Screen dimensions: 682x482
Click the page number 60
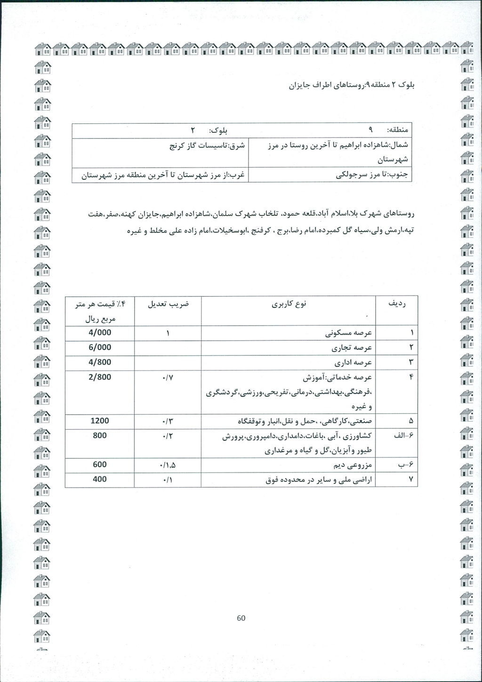(241, 618)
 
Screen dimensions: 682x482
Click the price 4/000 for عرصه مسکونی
(100, 332)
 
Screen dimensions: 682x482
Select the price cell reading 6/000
(100, 347)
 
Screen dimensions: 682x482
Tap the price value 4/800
(100, 362)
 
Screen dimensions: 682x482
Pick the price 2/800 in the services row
(100, 377)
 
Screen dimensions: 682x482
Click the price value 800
(100, 435)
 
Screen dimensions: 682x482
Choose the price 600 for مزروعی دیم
(100, 465)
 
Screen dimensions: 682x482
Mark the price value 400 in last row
(100, 479)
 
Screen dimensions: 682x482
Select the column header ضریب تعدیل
(168, 304)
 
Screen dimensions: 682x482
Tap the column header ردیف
(396, 304)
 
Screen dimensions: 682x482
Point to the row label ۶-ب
(406, 465)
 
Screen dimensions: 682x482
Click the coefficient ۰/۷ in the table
(168, 377)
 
